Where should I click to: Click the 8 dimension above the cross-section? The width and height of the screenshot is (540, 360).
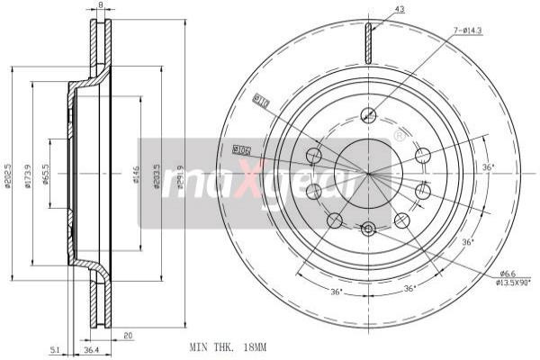[100, 6]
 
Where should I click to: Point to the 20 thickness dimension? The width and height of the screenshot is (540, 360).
[129, 335]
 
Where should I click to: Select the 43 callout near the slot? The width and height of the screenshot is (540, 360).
[400, 9]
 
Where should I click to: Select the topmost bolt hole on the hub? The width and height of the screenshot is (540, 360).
[367, 114]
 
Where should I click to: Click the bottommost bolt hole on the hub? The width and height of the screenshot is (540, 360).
[367, 229]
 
